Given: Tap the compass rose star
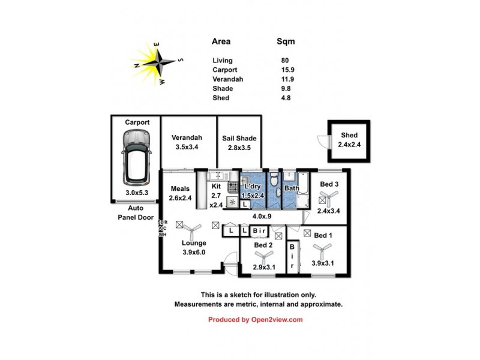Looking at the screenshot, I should click(160, 61).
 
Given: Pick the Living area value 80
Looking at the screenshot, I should click(284, 60).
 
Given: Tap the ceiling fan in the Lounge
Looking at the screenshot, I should click(193, 229).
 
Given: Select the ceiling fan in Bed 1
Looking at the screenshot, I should click(323, 248).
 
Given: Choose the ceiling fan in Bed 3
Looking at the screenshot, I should click(330, 197).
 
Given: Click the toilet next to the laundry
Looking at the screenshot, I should click(273, 179).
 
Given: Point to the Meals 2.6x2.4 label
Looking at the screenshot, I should click(180, 193).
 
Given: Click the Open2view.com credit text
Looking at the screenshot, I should click(256, 320).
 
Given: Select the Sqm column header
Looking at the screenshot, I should click(286, 42).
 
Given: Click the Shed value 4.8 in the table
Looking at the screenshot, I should click(286, 98).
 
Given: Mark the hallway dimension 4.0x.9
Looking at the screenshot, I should click(262, 216).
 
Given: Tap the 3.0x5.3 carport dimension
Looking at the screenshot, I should click(137, 193).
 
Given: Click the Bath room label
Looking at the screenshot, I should click(292, 188).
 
